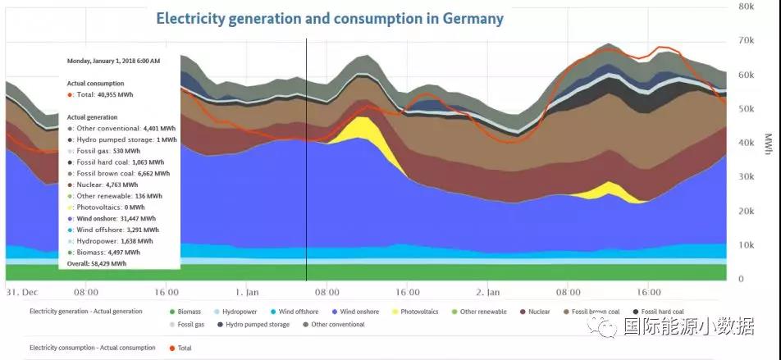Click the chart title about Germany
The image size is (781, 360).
[330, 18]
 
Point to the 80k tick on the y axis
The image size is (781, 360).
[745, 7]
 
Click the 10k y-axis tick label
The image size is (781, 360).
[745, 245]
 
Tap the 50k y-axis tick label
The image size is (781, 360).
[745, 109]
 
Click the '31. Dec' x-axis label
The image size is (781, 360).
[19, 292]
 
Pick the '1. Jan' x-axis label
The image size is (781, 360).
[248, 292]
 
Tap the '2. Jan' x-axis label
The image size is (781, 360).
[488, 292]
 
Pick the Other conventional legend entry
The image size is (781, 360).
[337, 325]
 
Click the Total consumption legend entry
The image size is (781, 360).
[184, 348]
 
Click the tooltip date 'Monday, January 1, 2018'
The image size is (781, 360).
[113, 62]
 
